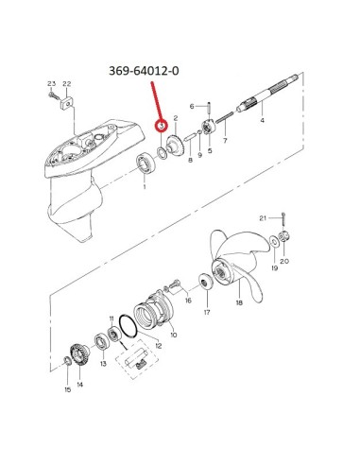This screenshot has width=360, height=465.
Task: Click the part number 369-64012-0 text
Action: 144,71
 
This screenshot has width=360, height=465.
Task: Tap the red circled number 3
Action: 162,126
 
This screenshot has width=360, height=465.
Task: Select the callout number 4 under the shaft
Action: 262,120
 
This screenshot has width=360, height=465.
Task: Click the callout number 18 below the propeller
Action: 239,302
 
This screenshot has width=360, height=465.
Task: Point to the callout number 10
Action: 174,335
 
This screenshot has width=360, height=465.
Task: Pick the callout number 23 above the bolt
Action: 51,84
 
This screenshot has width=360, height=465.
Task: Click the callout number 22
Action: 67,84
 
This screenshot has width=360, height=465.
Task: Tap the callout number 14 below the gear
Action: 80,385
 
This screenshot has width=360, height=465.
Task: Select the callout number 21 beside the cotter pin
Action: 263,218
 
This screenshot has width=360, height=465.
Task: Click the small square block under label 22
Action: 66,103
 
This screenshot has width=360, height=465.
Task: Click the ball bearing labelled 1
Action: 146,164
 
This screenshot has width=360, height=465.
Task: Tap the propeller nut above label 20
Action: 283,236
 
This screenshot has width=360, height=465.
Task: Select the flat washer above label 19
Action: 274,242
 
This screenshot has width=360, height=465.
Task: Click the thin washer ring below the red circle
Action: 163,153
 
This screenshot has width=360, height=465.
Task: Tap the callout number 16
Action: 188,301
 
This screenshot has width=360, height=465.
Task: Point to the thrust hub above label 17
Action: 206,282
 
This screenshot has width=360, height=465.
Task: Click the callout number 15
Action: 68,389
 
